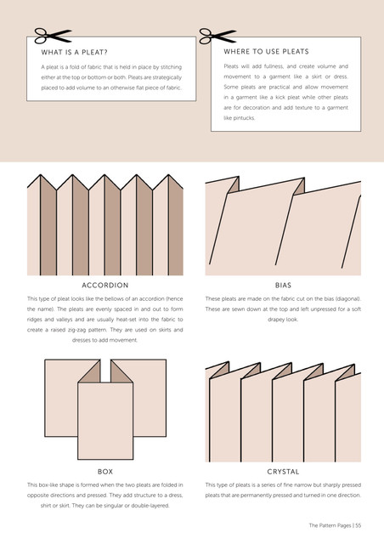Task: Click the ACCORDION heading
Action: tap(105, 286)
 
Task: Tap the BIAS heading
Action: tap(283, 286)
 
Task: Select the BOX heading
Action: tap(105, 472)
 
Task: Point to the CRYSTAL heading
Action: tap(283, 472)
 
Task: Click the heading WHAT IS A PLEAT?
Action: tap(74, 53)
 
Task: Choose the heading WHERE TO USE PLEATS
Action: tap(266, 52)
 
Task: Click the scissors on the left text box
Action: tap(53, 36)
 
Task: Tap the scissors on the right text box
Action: tap(217, 36)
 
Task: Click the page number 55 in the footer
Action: tap(358, 525)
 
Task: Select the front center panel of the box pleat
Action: tap(105, 421)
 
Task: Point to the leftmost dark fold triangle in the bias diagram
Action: tap(234, 185)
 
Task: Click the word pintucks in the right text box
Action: tap(244, 118)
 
